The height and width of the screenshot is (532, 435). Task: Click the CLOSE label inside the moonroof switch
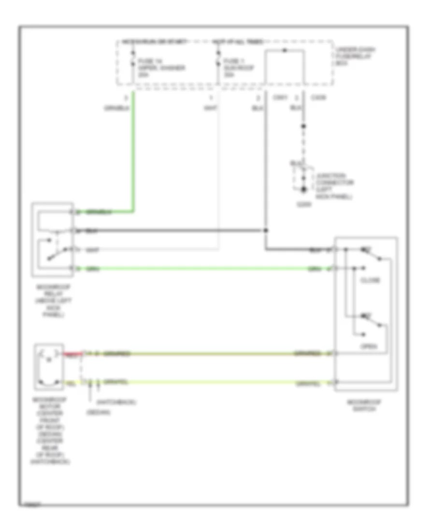(x=370, y=281)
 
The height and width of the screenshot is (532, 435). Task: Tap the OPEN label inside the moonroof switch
(x=370, y=346)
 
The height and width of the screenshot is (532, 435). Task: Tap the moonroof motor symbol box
(x=49, y=367)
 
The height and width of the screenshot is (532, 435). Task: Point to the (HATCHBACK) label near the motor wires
(x=116, y=402)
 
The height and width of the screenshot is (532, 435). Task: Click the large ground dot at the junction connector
(x=304, y=190)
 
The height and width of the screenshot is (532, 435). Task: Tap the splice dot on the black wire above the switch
(x=265, y=231)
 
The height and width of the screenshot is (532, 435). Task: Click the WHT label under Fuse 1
(x=210, y=107)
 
